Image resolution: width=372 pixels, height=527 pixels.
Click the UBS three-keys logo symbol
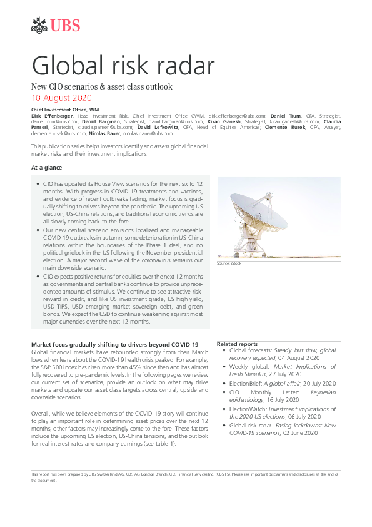pos(39,26)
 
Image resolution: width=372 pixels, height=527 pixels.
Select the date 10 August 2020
pos(61,98)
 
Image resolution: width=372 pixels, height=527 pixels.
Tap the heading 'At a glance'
pos(46,168)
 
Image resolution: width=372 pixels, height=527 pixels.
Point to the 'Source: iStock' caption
pos(229,263)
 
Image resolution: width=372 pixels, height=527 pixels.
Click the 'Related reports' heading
pos(238,344)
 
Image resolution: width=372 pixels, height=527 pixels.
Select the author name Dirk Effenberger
pos(53,116)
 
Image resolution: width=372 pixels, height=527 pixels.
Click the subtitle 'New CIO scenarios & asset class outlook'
pos(101,86)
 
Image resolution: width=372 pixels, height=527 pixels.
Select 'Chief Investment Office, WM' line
pos(61,110)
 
